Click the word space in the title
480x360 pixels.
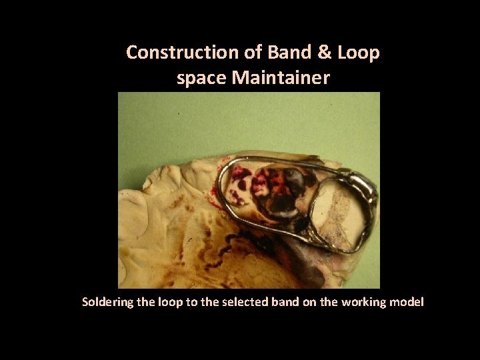[x=201, y=79]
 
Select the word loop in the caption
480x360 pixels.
[x=164, y=303]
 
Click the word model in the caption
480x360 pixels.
[x=407, y=303]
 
